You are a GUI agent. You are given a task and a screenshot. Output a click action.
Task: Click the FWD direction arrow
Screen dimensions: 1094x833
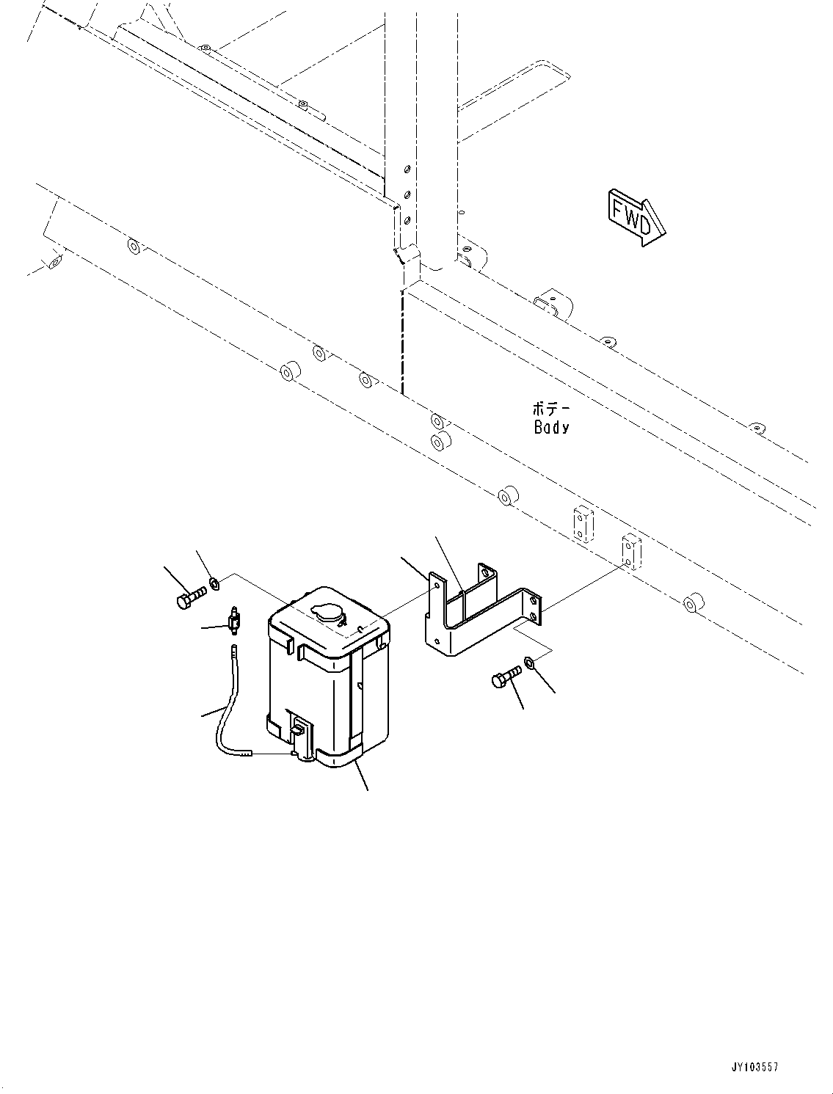click(x=636, y=217)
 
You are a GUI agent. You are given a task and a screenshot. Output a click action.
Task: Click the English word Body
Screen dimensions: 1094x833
click(x=551, y=427)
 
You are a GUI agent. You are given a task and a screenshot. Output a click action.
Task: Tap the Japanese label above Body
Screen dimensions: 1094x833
click(x=551, y=409)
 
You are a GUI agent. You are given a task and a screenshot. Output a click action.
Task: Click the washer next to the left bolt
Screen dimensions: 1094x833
click(x=214, y=584)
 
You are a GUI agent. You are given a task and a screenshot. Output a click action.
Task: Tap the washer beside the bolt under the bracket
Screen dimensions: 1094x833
click(x=531, y=665)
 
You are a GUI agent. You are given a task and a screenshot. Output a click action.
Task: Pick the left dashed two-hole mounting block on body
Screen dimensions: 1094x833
click(x=582, y=523)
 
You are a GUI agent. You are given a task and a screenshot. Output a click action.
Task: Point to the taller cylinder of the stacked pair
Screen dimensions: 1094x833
click(x=441, y=443)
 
